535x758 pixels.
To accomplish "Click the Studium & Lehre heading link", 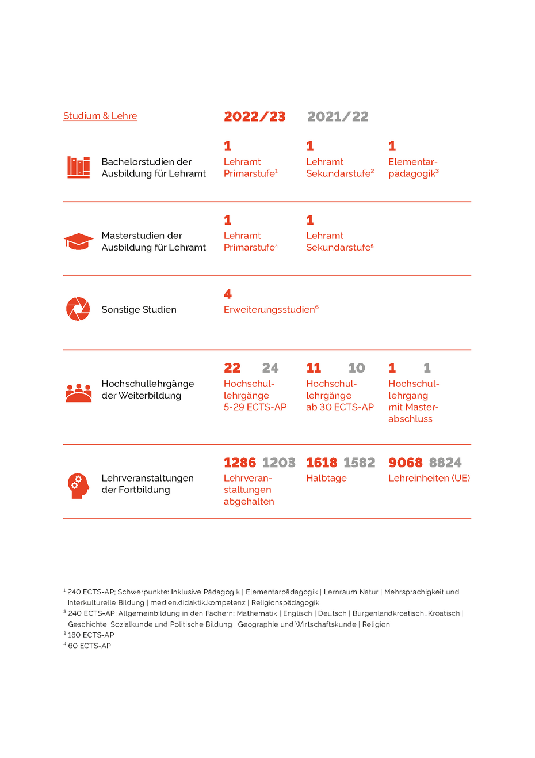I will (100, 116).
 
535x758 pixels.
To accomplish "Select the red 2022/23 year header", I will (254, 116).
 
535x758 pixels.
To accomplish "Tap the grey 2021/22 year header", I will (338, 116).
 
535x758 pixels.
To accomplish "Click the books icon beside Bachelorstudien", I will (78, 167).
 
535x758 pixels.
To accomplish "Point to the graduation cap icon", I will (78, 241).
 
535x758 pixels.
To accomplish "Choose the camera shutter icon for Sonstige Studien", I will (78, 309).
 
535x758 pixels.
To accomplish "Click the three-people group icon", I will (78, 392).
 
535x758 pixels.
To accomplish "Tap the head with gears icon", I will (78, 486).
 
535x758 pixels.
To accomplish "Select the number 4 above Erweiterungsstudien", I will (228, 294).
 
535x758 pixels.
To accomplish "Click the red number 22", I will (232, 368).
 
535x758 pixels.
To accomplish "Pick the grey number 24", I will (270, 368).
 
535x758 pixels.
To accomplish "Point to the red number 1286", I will (239, 463).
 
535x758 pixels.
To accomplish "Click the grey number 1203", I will (278, 463).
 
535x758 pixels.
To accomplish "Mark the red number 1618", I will (322, 463).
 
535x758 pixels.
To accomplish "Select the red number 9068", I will (405, 463).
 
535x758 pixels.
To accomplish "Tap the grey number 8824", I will (445, 463).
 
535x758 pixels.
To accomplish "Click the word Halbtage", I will (326, 478).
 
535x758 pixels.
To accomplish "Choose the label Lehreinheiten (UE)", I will (429, 478).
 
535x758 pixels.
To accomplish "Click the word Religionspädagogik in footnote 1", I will (285, 602).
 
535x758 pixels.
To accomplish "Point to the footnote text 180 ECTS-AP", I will (91, 635).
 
